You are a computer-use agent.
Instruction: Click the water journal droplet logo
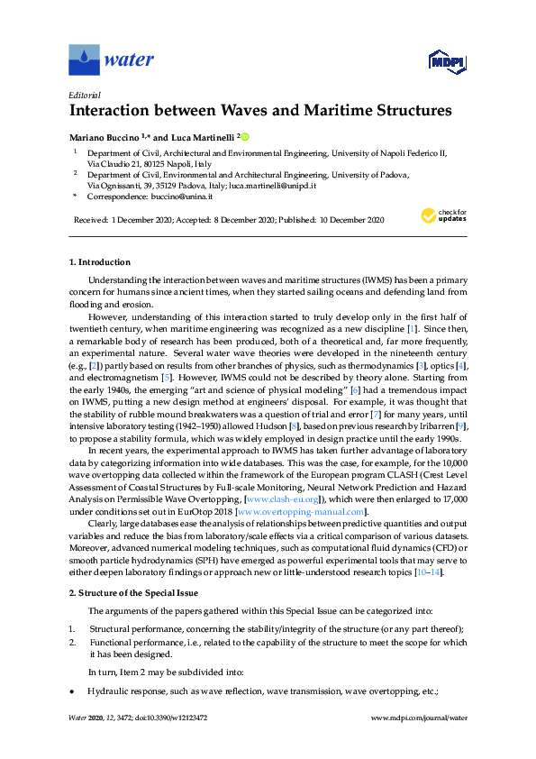pos(84,59)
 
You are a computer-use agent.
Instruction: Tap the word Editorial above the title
pos(85,95)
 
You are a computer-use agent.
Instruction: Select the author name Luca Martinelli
pos(204,137)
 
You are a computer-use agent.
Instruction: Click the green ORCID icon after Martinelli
pos(244,136)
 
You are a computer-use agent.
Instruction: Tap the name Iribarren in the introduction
pos(431,424)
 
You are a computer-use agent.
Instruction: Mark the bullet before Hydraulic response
pos(72,690)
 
